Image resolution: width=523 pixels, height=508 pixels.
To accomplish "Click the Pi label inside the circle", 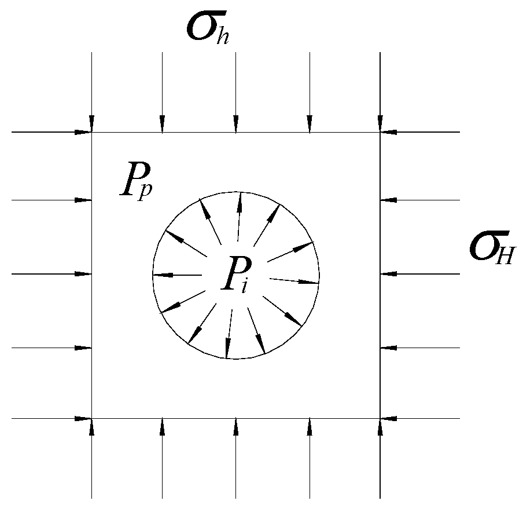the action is point(235,277).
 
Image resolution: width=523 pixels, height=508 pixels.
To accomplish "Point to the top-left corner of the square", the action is point(92,133).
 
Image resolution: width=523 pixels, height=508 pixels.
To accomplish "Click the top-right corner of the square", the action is point(380,133).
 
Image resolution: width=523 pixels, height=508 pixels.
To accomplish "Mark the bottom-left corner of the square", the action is point(92,418).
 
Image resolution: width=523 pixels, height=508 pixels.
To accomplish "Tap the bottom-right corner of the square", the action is point(380,418).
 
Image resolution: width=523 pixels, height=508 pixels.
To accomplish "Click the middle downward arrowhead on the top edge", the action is point(235,125).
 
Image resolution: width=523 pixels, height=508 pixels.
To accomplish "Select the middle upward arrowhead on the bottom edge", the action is point(235,426).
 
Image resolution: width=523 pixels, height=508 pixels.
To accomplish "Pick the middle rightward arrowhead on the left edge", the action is point(84,274).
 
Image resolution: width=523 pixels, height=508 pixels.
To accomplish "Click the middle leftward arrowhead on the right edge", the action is point(388,274).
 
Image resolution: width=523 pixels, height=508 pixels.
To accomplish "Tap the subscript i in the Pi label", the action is point(245,285).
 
